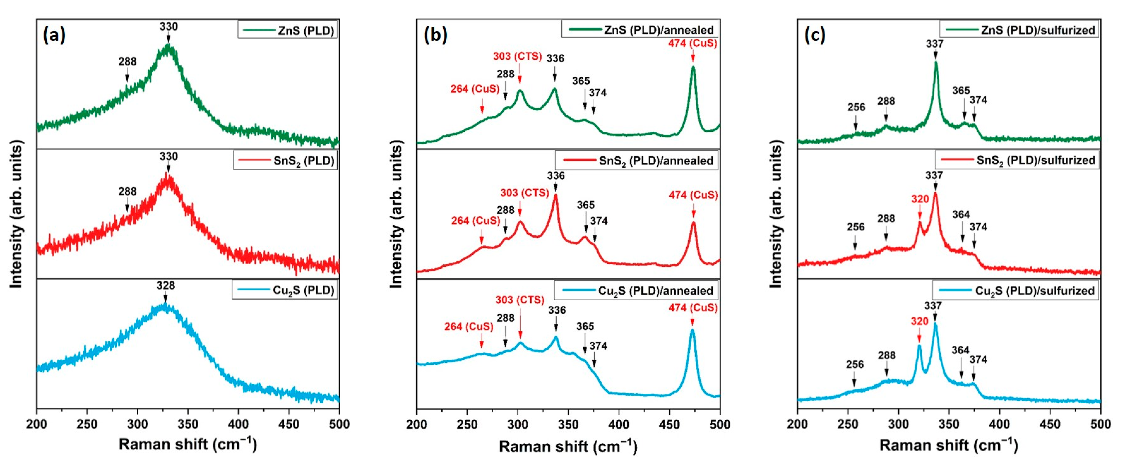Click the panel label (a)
54,35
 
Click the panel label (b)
435,35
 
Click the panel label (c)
815,35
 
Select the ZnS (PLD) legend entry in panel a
287,30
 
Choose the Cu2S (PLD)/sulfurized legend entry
1016,291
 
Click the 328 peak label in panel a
166,285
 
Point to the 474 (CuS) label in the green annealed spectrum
693,43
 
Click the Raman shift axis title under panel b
568,446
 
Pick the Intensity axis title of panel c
776,214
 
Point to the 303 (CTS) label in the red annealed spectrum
524,193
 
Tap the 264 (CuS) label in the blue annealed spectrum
469,326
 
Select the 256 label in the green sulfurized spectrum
856,107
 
